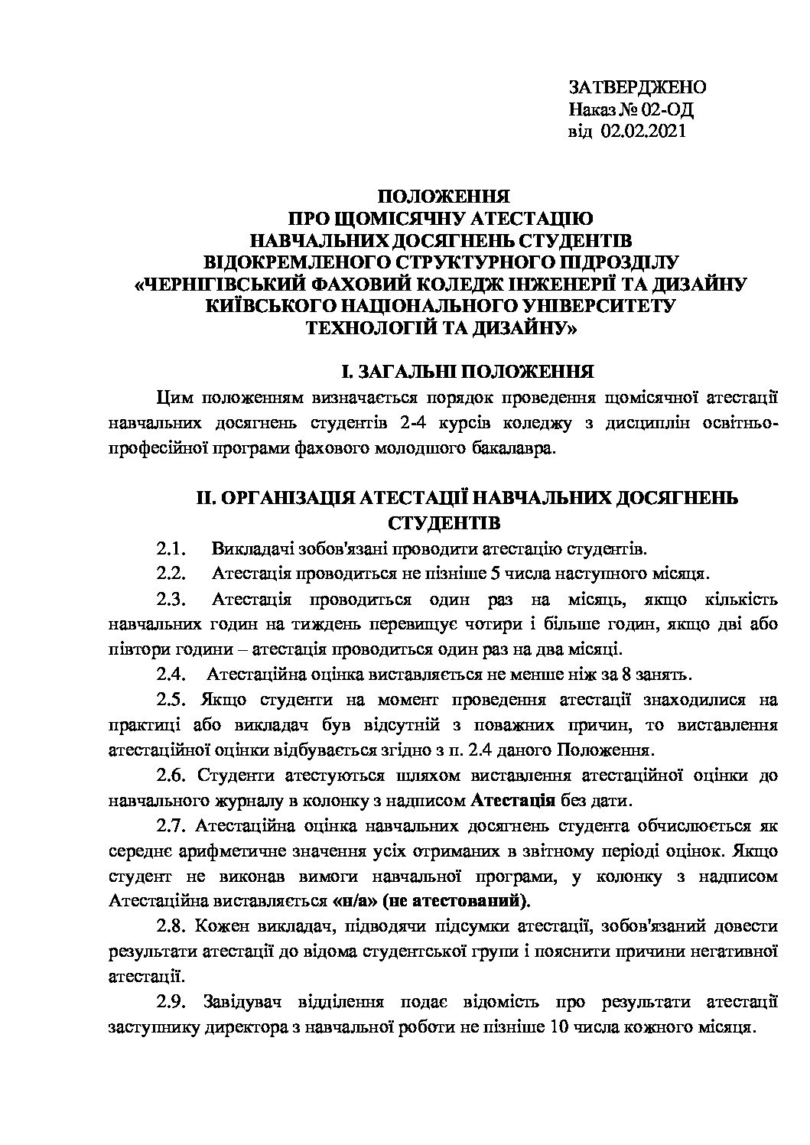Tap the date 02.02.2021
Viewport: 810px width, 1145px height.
click(x=644, y=132)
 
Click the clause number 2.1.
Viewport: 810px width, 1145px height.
click(x=171, y=549)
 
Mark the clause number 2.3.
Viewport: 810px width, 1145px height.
click(x=171, y=599)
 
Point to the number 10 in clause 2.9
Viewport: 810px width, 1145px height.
click(x=558, y=1026)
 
